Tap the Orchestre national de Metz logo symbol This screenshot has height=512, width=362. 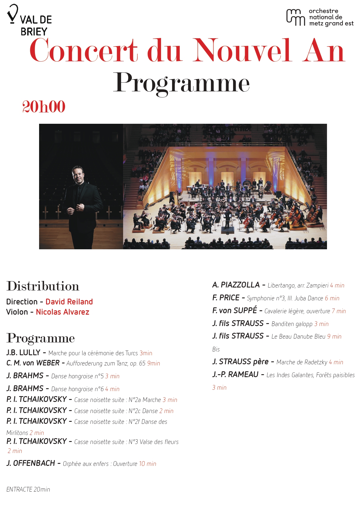(295, 17)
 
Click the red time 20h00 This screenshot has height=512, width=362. (44, 107)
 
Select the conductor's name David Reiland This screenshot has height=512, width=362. (69, 302)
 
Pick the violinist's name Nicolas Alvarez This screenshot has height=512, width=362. (62, 312)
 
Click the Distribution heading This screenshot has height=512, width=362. (43, 286)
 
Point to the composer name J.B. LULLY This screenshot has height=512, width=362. (23, 353)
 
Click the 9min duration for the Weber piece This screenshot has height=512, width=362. (153, 363)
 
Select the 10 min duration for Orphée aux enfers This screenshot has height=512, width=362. (148, 464)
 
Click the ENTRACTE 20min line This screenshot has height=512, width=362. (28, 489)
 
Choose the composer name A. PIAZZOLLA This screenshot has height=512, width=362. (236, 285)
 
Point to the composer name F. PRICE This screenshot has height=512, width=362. (226, 298)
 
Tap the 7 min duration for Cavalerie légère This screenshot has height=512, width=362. (339, 311)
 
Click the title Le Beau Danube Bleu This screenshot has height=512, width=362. (298, 337)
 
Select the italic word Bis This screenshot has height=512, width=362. (216, 349)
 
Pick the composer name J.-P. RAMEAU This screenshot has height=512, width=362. (235, 375)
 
